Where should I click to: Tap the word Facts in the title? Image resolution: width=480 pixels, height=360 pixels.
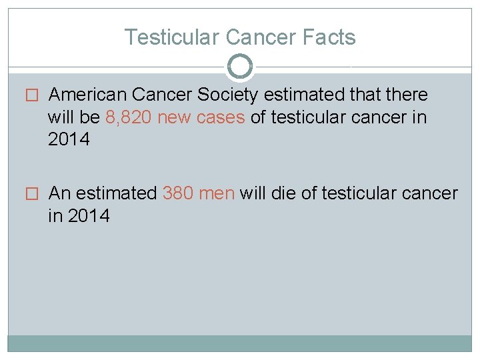(x=329, y=37)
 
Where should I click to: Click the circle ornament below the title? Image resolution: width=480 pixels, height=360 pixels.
(x=240, y=67)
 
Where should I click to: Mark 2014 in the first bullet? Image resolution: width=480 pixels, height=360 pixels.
(x=69, y=139)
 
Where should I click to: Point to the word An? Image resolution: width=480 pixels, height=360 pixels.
(x=60, y=193)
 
